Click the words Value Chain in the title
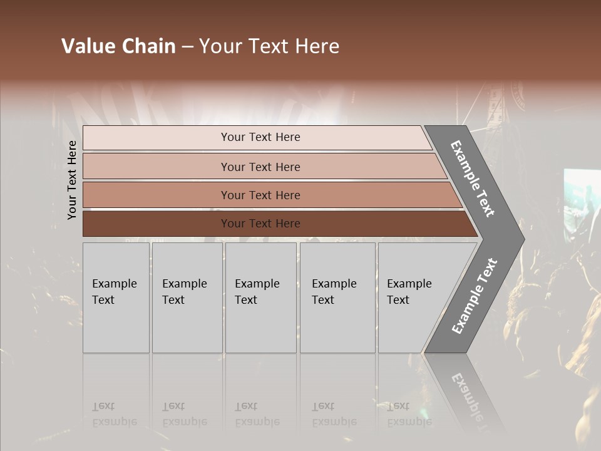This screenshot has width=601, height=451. tap(118, 46)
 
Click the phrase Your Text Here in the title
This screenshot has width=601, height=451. tap(269, 46)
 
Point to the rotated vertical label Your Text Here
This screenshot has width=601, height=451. tap(72, 180)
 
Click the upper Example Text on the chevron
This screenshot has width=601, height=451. tap(473, 179)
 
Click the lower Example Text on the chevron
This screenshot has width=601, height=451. tap(474, 296)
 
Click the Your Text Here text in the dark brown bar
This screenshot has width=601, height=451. tap(260, 224)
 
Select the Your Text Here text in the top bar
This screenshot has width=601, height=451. tap(260, 137)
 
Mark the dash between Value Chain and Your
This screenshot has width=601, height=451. tap(187, 47)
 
